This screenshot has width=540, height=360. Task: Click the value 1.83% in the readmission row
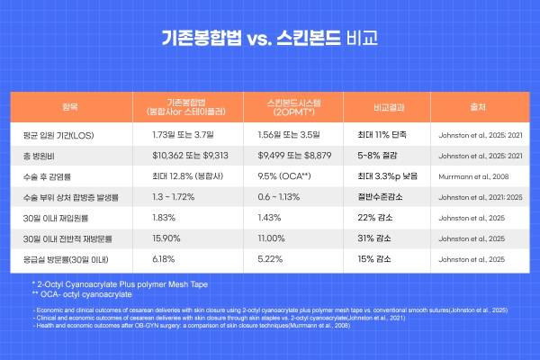point(165,217)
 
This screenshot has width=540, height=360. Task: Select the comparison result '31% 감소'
point(374,238)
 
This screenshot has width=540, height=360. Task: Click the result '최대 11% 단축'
point(382,134)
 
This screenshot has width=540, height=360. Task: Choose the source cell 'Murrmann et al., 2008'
point(472,175)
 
